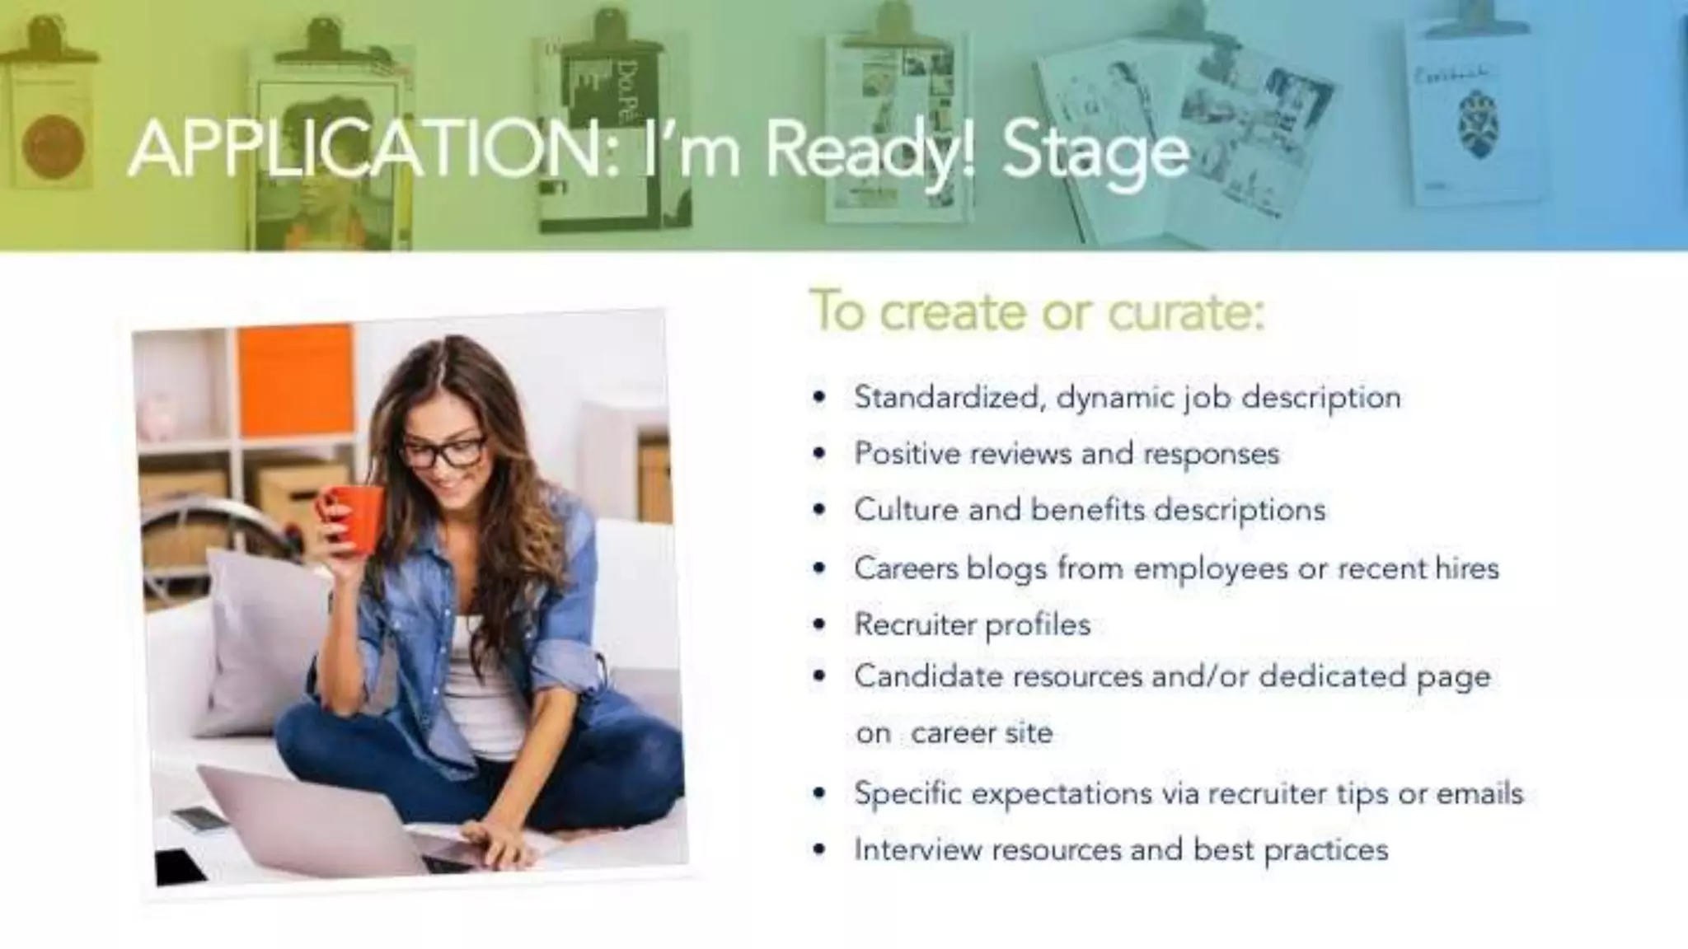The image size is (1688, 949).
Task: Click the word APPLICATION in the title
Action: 371,150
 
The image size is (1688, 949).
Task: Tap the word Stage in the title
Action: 1096,152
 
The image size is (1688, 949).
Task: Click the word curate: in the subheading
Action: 1186,312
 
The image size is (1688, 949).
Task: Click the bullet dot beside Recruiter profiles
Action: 818,624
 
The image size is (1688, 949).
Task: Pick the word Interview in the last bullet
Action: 918,849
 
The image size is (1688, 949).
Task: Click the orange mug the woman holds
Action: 354,517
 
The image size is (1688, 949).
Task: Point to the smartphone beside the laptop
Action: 199,818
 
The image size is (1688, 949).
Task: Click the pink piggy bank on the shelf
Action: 157,417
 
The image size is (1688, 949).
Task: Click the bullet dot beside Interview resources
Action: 818,849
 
